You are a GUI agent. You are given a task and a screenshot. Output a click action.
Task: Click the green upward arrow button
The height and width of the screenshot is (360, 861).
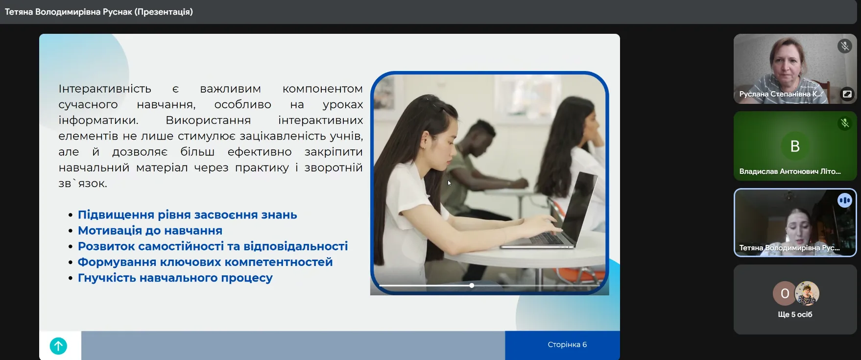pos(58,346)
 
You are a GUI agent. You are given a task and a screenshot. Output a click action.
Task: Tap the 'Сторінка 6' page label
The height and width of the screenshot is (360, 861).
pos(567,344)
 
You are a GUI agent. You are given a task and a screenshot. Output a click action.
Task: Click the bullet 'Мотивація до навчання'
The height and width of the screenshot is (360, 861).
pos(150,230)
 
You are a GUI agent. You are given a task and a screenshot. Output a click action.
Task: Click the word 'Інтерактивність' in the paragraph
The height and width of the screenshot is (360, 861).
pos(105,89)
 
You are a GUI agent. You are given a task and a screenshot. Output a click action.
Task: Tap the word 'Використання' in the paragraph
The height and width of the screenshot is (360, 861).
pos(208,120)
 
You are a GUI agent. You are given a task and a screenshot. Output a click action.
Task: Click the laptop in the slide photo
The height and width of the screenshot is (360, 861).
pos(544,216)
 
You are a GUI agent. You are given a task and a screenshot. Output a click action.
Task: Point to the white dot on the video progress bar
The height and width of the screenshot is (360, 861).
pos(472,285)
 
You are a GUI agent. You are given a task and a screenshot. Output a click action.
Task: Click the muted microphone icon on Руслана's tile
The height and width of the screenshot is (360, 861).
pos(845,46)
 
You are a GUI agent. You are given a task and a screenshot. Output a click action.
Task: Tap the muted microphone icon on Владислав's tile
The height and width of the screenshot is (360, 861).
pos(845,123)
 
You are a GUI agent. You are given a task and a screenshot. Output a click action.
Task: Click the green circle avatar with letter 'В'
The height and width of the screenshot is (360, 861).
pos(795,146)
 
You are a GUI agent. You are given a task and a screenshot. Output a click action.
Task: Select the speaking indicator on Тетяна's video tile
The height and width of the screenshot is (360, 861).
pos(845,200)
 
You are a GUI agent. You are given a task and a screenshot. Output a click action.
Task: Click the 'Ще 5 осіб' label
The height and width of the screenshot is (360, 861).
pos(795,314)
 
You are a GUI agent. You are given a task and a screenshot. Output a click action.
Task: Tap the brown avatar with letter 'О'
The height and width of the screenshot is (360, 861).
pos(785,293)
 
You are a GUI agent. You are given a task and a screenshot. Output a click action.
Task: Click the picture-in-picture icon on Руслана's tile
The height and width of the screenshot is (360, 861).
pos(847,94)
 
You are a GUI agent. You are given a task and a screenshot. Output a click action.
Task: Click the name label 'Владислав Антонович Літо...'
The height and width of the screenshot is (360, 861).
pos(789,171)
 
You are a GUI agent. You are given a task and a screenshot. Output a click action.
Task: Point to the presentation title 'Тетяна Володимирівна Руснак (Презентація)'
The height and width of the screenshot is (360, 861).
pos(99,12)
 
